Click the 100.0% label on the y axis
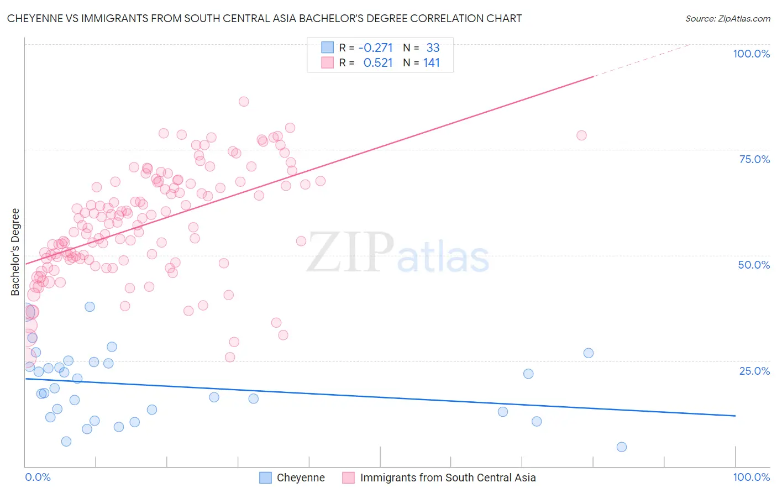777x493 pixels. tap(751, 54)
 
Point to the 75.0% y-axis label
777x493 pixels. tap(754, 159)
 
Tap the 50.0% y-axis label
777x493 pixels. tap(754, 265)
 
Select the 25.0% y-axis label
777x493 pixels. tap(754, 371)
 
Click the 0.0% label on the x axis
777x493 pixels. tap(38, 477)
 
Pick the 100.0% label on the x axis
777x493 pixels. tap(751, 477)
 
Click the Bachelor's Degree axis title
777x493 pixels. tap(15, 252)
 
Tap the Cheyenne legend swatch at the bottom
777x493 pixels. tap(266, 478)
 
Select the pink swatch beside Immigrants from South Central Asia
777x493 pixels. tap(348, 478)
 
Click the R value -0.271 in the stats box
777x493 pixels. tap(375, 48)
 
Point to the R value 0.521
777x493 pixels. tap(377, 63)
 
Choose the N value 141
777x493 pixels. tap(432, 63)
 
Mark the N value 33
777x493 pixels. tap(433, 48)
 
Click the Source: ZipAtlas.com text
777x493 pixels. tap(727, 19)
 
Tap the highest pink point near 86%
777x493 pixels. tap(244, 102)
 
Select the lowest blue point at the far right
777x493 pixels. tap(622, 447)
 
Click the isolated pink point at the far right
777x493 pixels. tap(581, 135)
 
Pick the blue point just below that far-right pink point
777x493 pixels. tap(589, 353)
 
